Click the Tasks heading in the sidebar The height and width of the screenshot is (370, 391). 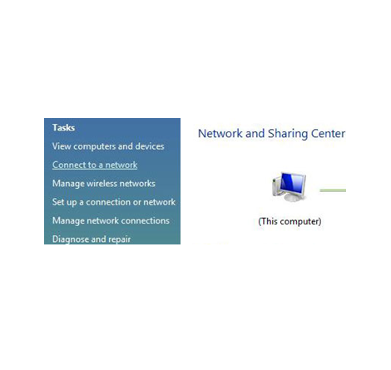[x=63, y=128]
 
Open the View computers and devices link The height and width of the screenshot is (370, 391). [x=108, y=146]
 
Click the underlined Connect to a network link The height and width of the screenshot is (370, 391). [x=95, y=165]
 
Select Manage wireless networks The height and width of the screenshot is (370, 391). [x=104, y=184]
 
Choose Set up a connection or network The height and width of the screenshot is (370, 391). [x=114, y=202]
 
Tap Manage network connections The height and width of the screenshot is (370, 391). [x=111, y=220]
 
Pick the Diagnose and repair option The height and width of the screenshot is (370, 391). [x=92, y=239]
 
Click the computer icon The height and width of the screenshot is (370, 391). [x=290, y=187]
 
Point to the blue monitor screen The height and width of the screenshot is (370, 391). [x=292, y=184]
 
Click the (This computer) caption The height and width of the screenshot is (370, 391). [x=290, y=221]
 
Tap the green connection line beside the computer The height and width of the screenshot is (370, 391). [x=333, y=190]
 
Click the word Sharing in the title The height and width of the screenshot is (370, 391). [x=288, y=134]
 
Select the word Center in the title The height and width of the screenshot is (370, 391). [x=328, y=134]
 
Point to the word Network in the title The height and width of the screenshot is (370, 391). [x=220, y=134]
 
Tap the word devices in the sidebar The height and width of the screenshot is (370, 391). [x=150, y=146]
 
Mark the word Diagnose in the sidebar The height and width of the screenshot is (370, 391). [x=68, y=239]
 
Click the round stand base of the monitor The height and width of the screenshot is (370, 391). [x=291, y=198]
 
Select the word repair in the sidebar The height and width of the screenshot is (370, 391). [x=119, y=239]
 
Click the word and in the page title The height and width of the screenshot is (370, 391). [x=255, y=134]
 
